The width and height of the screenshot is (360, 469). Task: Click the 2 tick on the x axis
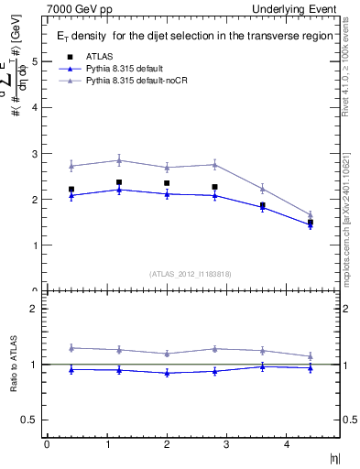tap(166, 444)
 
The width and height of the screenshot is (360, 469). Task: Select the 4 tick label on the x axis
tap(286, 444)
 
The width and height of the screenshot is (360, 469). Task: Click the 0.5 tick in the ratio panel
tap(28, 420)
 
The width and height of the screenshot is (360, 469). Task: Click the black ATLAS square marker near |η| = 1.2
tap(119, 182)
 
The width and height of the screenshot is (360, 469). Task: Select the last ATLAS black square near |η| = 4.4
tap(310, 223)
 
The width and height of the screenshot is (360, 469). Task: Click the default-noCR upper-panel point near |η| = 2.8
tap(214, 164)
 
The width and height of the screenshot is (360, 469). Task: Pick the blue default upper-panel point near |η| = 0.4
tap(71, 195)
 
